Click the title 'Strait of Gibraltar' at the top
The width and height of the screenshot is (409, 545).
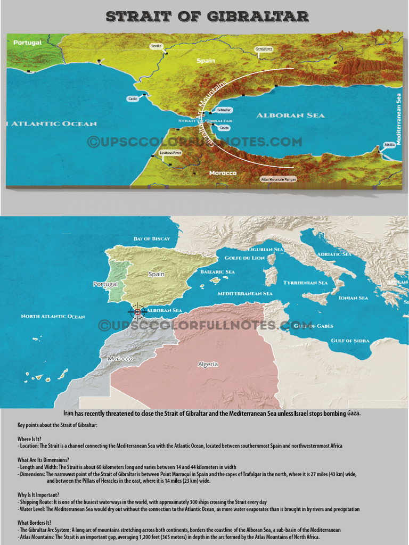(x=207, y=16)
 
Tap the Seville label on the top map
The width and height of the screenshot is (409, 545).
(x=156, y=46)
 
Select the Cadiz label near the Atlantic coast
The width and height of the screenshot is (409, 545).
(x=133, y=98)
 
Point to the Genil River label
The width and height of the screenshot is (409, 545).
(x=264, y=49)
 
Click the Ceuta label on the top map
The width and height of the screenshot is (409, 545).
(x=224, y=128)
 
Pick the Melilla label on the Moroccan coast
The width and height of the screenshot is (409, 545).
(x=389, y=145)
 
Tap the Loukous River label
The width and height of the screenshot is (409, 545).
(x=170, y=153)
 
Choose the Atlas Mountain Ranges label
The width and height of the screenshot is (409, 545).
(x=278, y=180)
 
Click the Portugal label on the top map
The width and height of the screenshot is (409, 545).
(x=27, y=43)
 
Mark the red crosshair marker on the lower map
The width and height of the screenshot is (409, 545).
(x=137, y=311)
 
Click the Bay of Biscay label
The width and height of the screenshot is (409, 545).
(x=152, y=238)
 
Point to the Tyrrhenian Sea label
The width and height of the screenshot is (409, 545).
(x=305, y=283)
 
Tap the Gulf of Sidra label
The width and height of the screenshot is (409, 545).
(x=350, y=341)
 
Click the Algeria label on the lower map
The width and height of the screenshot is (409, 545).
(x=208, y=365)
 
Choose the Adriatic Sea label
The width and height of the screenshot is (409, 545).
(x=334, y=254)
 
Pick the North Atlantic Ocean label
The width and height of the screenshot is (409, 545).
(x=53, y=317)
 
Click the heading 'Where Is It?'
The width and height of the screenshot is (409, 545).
(x=29, y=439)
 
